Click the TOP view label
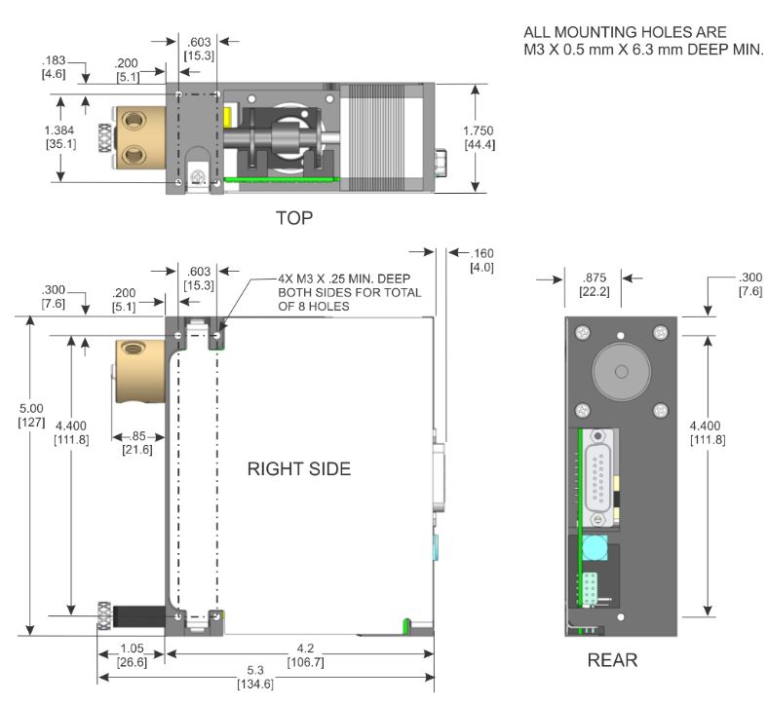(293, 218)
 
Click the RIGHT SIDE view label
(298, 469)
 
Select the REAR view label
(611, 661)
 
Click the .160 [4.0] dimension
(483, 259)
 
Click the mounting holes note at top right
(643, 42)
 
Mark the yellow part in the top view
(227, 116)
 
